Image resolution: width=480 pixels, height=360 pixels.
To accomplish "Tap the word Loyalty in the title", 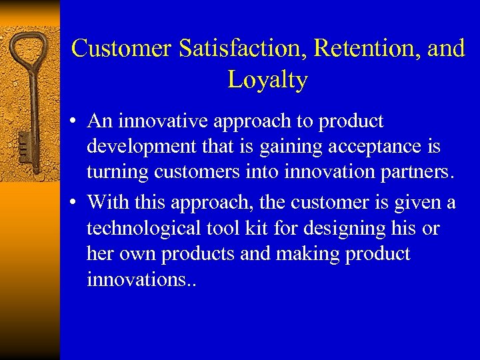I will [x=267, y=80].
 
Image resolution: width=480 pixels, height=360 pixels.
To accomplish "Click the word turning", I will [x=117, y=173].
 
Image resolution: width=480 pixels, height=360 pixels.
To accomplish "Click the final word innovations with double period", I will [x=141, y=280].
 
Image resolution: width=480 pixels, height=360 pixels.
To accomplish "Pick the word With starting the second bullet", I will [x=106, y=201].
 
